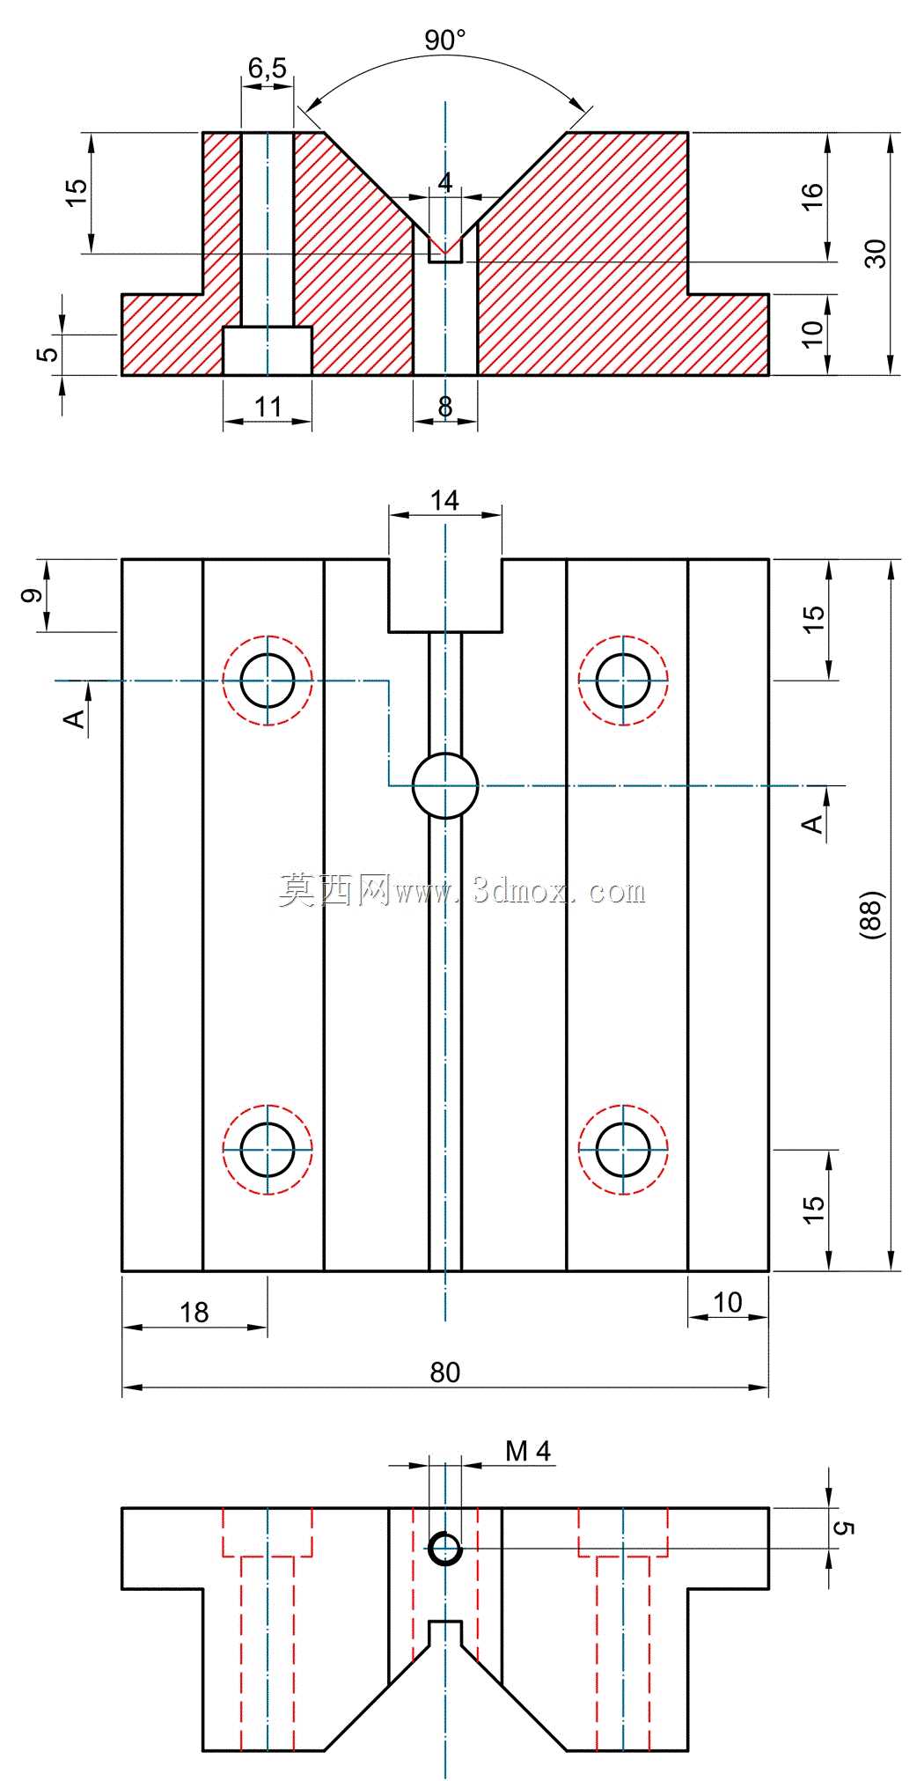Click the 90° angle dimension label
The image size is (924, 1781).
click(444, 40)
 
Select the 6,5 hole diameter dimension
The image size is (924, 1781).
click(267, 69)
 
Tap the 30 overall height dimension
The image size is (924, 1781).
click(876, 254)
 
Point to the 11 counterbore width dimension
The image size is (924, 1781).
click(268, 406)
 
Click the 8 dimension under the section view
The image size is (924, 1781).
click(445, 406)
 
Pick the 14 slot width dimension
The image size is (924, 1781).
click(444, 500)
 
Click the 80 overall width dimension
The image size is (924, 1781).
click(444, 1372)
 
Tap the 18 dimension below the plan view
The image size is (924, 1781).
click(194, 1312)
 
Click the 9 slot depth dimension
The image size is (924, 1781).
click(32, 595)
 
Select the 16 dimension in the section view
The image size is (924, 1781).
click(812, 195)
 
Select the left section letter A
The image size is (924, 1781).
click(76, 719)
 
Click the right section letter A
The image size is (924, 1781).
click(814, 824)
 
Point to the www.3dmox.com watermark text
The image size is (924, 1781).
click(520, 891)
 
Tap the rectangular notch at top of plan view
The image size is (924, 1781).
click(445, 595)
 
